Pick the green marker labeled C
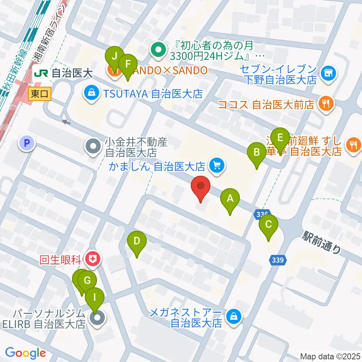(268, 225)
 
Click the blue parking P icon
(26, 143)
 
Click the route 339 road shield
(279, 260)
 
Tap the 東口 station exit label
(39, 94)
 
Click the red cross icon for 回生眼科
(93, 259)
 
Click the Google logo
(25, 353)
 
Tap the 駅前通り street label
(322, 243)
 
